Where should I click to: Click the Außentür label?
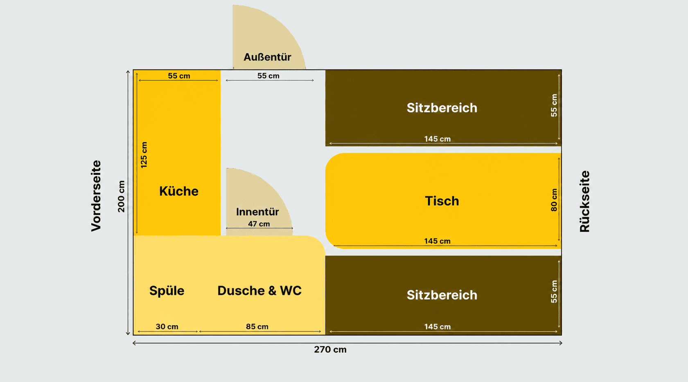[x=267, y=57]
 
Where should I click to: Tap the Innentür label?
[x=257, y=212]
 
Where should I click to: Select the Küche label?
[x=179, y=191]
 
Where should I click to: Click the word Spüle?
[x=167, y=290]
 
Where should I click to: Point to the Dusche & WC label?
[x=259, y=290]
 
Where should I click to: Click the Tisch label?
[x=442, y=201]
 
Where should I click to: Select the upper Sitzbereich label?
[x=442, y=108]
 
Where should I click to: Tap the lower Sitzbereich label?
[x=442, y=295]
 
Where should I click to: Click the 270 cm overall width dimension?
[x=330, y=349]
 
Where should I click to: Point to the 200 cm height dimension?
[x=122, y=197]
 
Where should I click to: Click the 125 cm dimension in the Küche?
[x=144, y=155]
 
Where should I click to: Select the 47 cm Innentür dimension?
[x=259, y=224]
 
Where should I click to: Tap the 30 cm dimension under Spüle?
[x=167, y=326]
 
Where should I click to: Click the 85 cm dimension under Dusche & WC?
[x=257, y=326]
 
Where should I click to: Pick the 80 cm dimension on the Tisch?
[x=554, y=200]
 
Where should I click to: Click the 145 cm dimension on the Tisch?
[x=438, y=241]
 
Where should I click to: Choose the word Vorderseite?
[x=96, y=196]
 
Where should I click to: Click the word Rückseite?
[x=584, y=201]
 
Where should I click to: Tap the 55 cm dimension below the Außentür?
[x=268, y=76]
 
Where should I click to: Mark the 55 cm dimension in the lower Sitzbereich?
[x=554, y=292]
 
